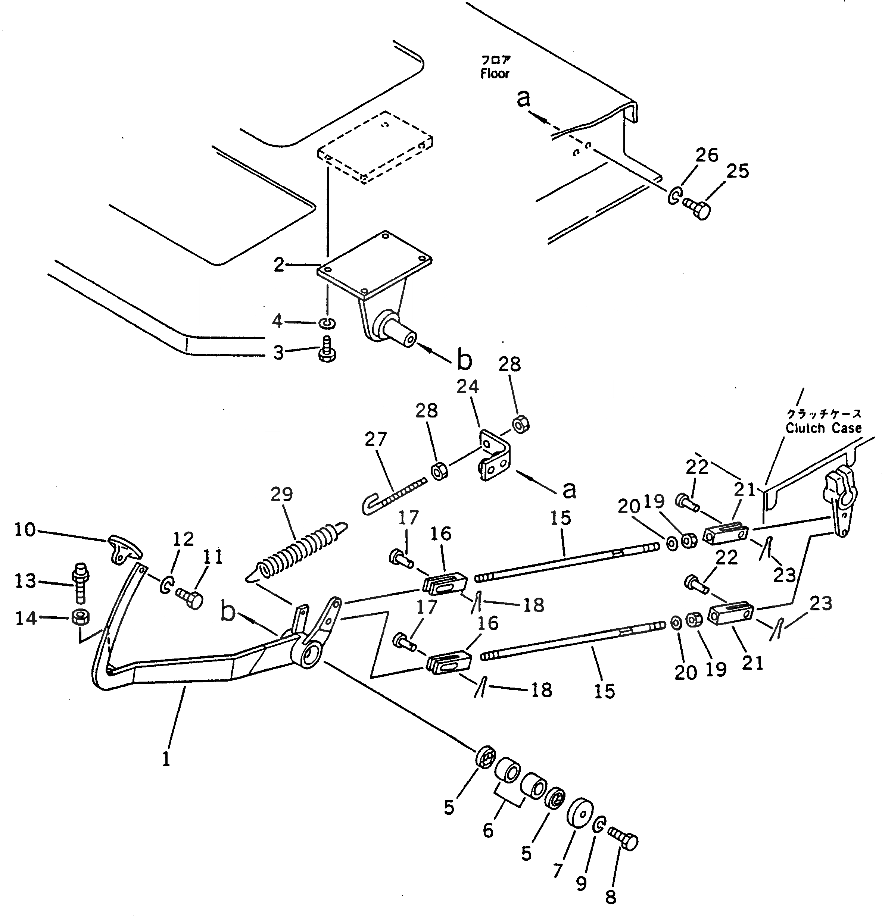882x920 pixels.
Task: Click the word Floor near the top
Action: tap(495, 74)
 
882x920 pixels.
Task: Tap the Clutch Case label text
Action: tap(824, 428)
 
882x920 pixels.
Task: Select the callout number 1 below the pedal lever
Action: tap(166, 760)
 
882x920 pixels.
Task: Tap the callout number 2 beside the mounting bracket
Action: tap(279, 265)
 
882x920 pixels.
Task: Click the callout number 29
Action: tap(281, 494)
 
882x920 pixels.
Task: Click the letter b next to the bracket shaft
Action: tap(464, 360)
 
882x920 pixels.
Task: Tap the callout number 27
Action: tap(376, 439)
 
